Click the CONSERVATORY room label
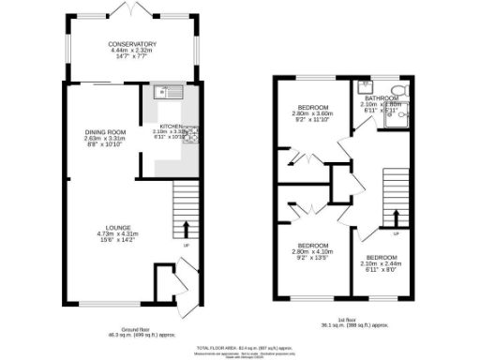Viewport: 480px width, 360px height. click(x=131, y=44)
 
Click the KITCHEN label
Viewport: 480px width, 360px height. click(x=171, y=126)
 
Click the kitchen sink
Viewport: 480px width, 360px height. click(x=166, y=92)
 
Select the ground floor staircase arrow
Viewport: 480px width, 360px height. click(x=185, y=229)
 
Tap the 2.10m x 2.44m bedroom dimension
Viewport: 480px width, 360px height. click(x=382, y=263)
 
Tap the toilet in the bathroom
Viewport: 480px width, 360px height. click(x=399, y=91)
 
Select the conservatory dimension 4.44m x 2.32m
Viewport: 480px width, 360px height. click(x=131, y=51)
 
